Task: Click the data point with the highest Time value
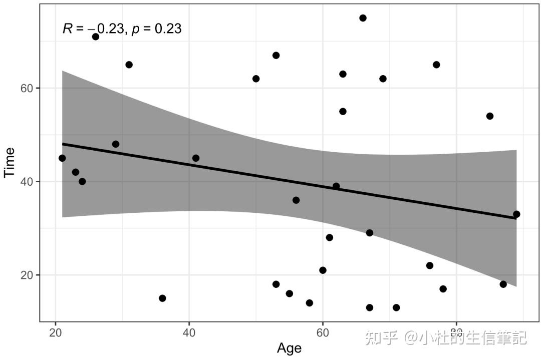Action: point(363,18)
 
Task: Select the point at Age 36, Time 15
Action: point(162,298)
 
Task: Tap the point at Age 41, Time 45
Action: point(196,158)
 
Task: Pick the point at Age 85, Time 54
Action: point(490,116)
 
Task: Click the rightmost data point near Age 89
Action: point(516,214)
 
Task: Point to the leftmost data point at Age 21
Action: point(62,158)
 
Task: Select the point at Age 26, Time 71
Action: point(96,37)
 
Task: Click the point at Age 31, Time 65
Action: point(129,65)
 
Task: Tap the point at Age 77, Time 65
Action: point(436,65)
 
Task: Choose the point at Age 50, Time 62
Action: point(256,79)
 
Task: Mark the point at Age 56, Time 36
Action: point(296,200)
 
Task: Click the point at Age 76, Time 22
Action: point(430,265)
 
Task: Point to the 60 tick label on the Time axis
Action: point(27,88)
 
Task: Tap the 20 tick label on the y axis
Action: point(27,275)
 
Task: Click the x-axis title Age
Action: point(289,348)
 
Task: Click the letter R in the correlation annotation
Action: point(67,29)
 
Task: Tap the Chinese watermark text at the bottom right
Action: point(446,338)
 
